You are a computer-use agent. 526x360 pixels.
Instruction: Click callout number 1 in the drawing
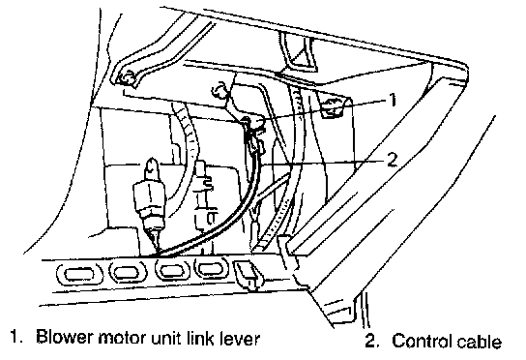coord(392,100)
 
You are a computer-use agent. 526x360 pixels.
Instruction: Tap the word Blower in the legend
coord(64,337)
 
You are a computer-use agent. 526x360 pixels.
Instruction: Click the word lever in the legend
coord(240,338)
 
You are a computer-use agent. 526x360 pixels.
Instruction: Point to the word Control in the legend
coord(422,341)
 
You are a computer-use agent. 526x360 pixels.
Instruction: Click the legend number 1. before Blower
coord(16,337)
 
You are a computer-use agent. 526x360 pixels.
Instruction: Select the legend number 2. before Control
coord(372,341)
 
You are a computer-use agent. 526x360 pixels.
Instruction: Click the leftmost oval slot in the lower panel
coord(79,273)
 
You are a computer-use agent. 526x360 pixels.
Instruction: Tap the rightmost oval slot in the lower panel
coord(212,268)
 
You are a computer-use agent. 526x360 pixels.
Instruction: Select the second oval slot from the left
coord(129,271)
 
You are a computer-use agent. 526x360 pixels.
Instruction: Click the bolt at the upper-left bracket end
coord(127,78)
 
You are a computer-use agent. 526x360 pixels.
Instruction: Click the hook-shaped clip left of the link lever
coord(219,90)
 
